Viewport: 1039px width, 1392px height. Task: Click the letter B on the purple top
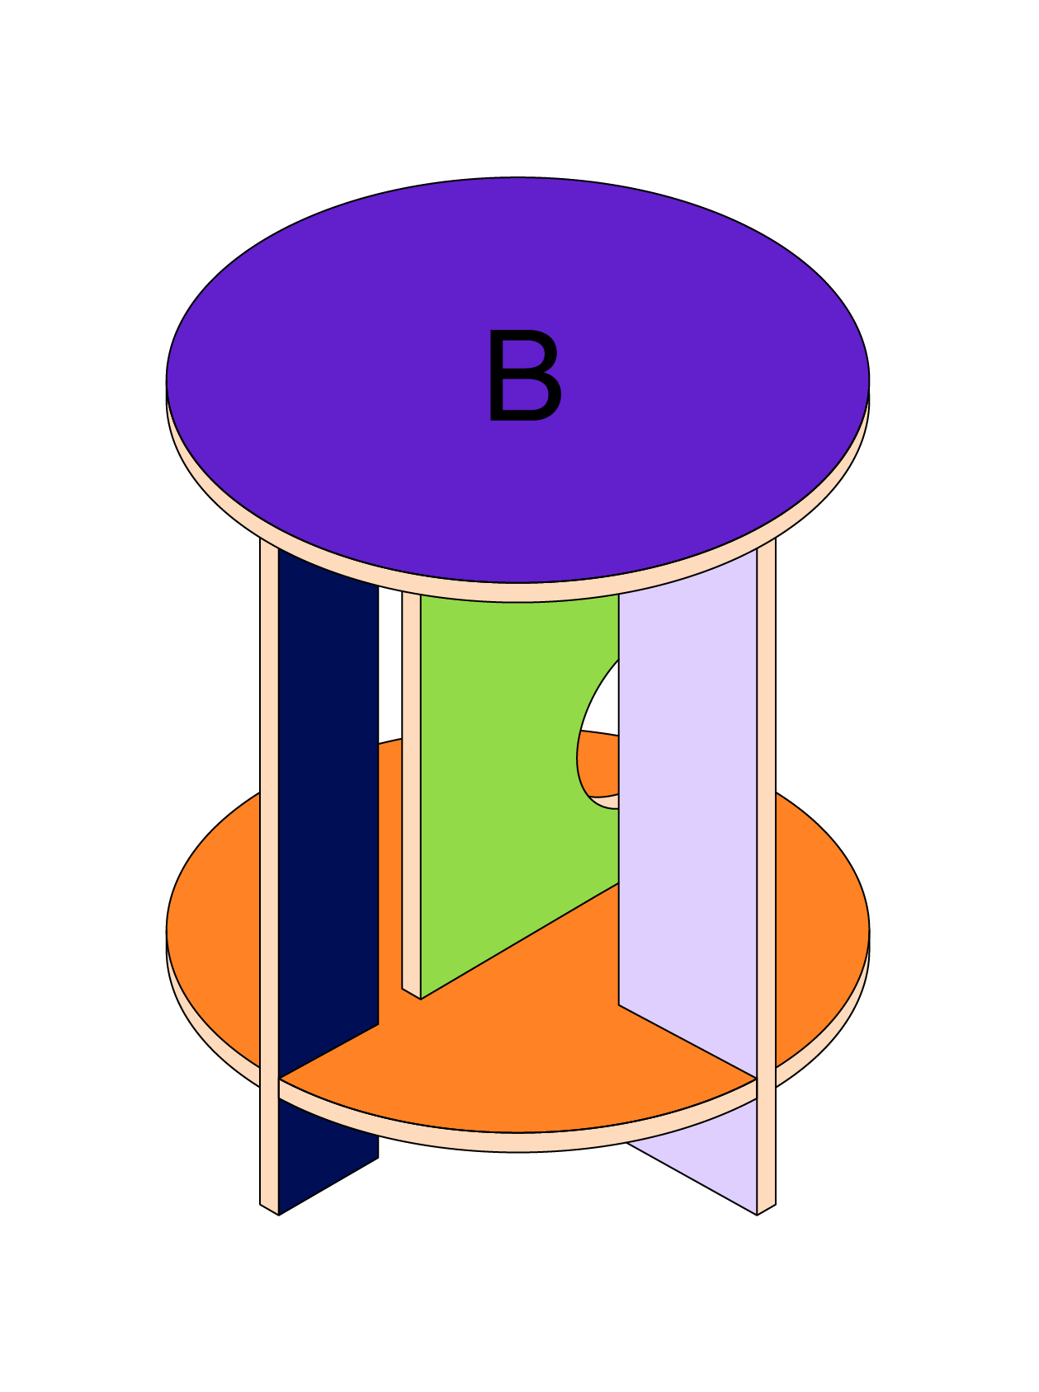(x=525, y=375)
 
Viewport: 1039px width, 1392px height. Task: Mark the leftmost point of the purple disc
(x=167, y=380)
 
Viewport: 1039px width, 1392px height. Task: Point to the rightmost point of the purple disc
(x=870, y=380)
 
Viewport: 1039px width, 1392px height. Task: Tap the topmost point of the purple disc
(x=518, y=176)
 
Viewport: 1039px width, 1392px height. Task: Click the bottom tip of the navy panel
(x=279, y=1215)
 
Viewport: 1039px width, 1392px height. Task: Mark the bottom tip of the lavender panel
(x=757, y=1215)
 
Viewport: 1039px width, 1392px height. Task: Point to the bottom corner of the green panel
(x=421, y=999)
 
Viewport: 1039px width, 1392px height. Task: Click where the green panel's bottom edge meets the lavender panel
(x=619, y=883)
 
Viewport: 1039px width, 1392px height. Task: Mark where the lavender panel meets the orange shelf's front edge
(x=757, y=1078)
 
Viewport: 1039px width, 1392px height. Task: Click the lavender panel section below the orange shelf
(x=710, y=1163)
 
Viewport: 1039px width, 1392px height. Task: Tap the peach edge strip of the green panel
(x=411, y=792)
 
